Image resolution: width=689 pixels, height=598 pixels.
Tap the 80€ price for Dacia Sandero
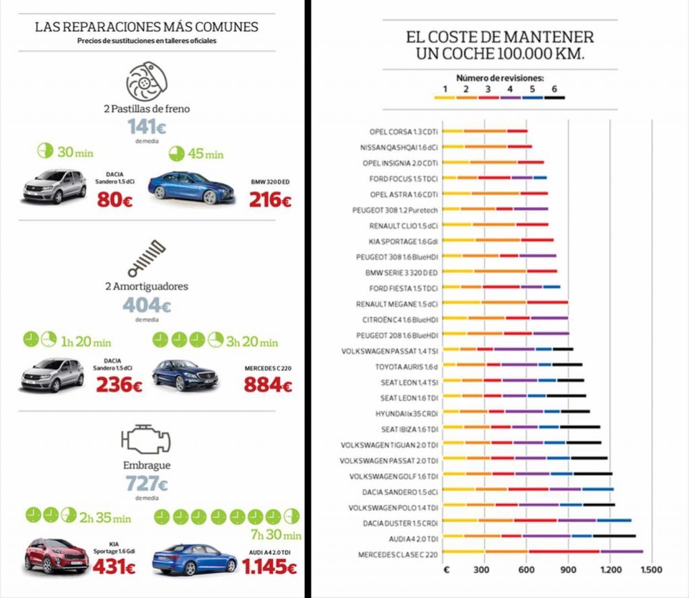(115, 200)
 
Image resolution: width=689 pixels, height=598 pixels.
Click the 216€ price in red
(270, 200)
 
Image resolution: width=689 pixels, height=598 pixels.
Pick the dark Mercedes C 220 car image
(184, 375)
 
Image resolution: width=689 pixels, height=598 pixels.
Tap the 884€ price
(268, 385)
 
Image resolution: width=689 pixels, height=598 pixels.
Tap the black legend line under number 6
(554, 98)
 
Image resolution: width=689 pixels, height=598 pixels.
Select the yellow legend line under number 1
(445, 98)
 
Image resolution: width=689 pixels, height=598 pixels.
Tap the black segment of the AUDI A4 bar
(614, 536)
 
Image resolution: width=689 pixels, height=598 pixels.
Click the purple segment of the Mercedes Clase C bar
(621, 552)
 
